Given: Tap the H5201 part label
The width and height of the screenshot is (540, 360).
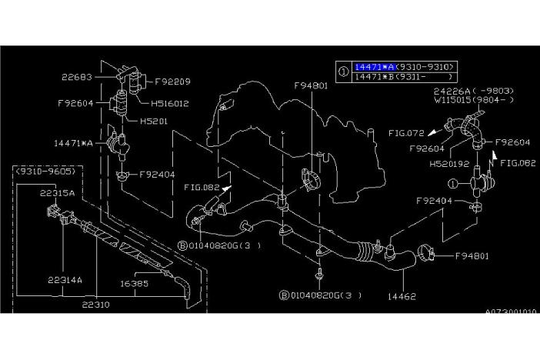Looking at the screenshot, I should point(156,121).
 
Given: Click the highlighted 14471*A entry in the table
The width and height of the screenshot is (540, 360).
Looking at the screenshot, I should point(377,66).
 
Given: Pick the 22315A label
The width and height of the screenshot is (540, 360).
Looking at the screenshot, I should point(57,194).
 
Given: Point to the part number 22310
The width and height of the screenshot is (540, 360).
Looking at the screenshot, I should point(97,304).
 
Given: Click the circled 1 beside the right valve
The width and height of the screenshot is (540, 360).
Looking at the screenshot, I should point(455,184).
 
